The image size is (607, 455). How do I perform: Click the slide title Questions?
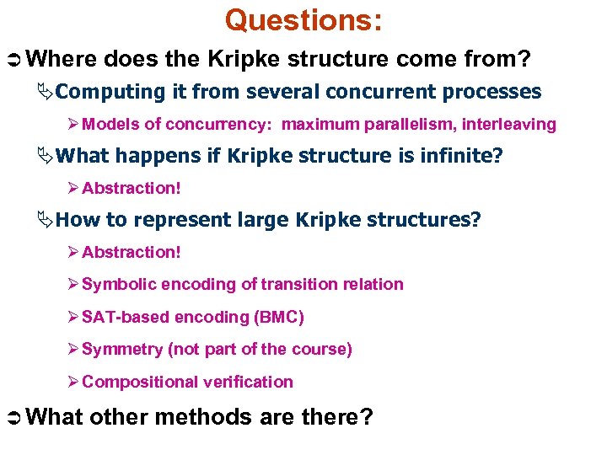[303, 20]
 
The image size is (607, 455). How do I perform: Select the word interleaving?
[509, 125]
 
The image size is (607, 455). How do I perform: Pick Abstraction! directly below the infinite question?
[132, 188]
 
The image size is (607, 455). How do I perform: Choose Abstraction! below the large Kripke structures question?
[132, 252]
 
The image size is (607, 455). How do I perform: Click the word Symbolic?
[119, 284]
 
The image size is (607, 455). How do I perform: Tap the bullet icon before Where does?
[18, 59]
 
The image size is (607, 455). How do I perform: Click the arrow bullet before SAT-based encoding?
[74, 317]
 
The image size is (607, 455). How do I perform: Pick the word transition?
[296, 284]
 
